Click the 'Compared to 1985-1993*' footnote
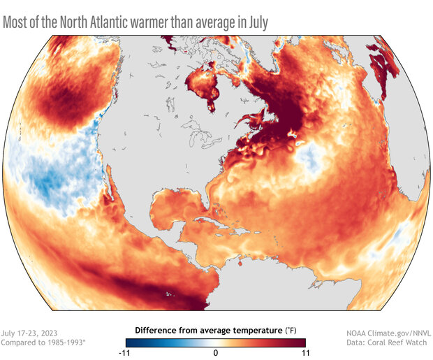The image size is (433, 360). coord(42,343)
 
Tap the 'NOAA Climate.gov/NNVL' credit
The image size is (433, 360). coord(385,333)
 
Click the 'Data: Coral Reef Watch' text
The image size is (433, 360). coord(389,343)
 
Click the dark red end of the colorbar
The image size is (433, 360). coord(302,342)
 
